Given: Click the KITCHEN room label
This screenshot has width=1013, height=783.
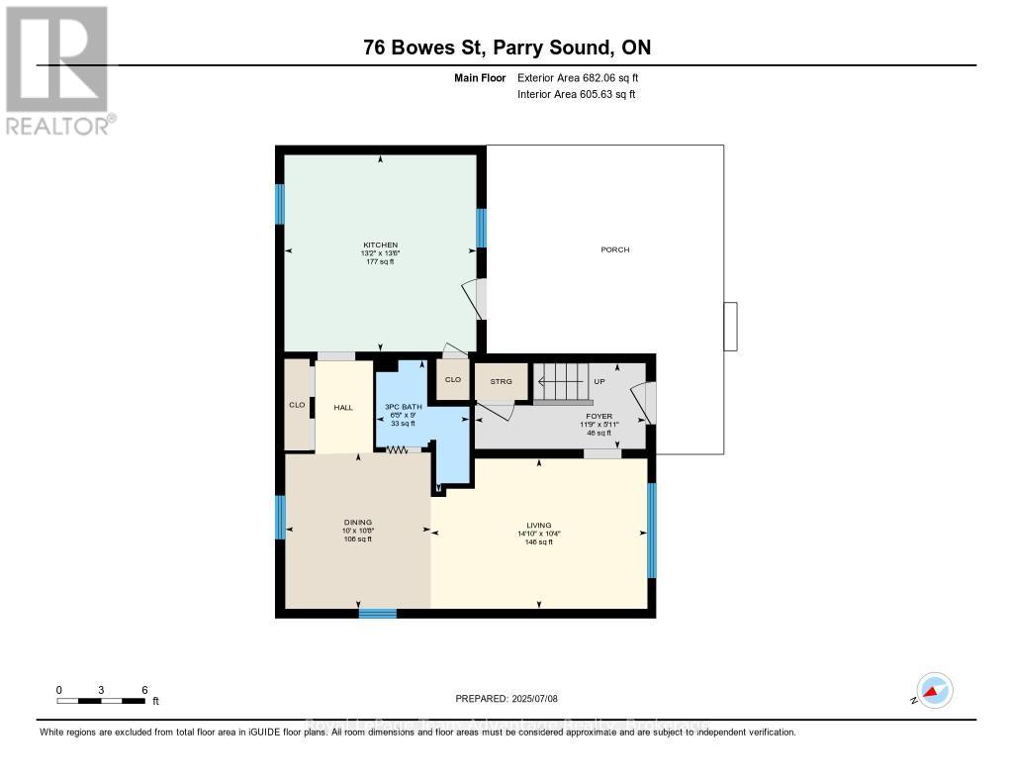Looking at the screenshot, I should pyautogui.click(x=380, y=245).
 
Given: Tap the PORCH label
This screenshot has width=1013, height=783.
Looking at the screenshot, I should pyautogui.click(x=615, y=249).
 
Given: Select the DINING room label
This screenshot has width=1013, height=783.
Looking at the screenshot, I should pyautogui.click(x=357, y=523).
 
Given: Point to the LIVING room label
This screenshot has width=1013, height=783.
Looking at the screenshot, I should pyautogui.click(x=538, y=526).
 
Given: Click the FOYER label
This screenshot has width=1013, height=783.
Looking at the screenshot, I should pyautogui.click(x=599, y=417).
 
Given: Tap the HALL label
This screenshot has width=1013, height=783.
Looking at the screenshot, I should pyautogui.click(x=342, y=407).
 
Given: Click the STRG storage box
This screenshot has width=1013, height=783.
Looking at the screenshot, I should pyautogui.click(x=501, y=381).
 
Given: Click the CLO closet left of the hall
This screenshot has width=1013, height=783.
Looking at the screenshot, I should pyautogui.click(x=297, y=405).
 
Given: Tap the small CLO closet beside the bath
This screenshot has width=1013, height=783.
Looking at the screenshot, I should pyautogui.click(x=453, y=379).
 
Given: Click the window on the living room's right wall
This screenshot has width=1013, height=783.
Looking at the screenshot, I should pyautogui.click(x=651, y=530).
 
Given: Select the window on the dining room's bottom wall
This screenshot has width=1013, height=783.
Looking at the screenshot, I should pyautogui.click(x=377, y=614).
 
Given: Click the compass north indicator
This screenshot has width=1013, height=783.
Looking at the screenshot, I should pyautogui.click(x=933, y=691).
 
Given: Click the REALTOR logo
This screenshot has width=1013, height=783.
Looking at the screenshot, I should pyautogui.click(x=57, y=70).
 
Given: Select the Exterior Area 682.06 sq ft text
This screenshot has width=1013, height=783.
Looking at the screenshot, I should pyautogui.click(x=585, y=77).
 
